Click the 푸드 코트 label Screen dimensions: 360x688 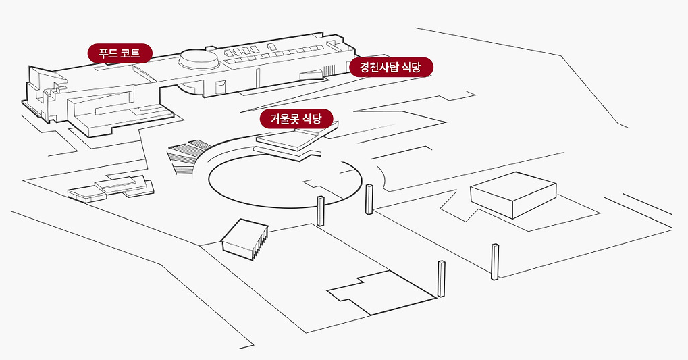pyautogui.click(x=120, y=53)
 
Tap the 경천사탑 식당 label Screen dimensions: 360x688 pyautogui.click(x=391, y=68)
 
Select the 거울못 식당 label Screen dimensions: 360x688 pyautogui.click(x=297, y=119)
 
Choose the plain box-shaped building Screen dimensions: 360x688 pyautogui.click(x=512, y=194)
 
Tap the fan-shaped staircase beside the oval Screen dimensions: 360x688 pyautogui.click(x=186, y=157)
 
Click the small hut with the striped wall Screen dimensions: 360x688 pyautogui.click(x=246, y=239)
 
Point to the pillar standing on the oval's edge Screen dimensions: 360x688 pyautogui.click(x=321, y=210)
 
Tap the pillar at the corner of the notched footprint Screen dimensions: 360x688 pyautogui.click(x=442, y=278)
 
